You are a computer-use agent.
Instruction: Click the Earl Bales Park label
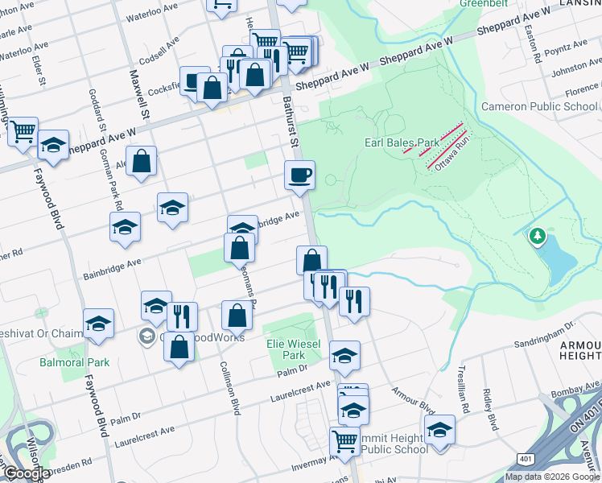pos(402,142)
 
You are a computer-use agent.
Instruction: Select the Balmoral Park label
pos(74,362)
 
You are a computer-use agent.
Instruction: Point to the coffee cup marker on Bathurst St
pos(299,175)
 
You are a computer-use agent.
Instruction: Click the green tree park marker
pos(537,237)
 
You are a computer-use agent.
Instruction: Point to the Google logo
pos(26,473)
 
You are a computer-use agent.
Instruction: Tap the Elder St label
pos(37,68)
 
